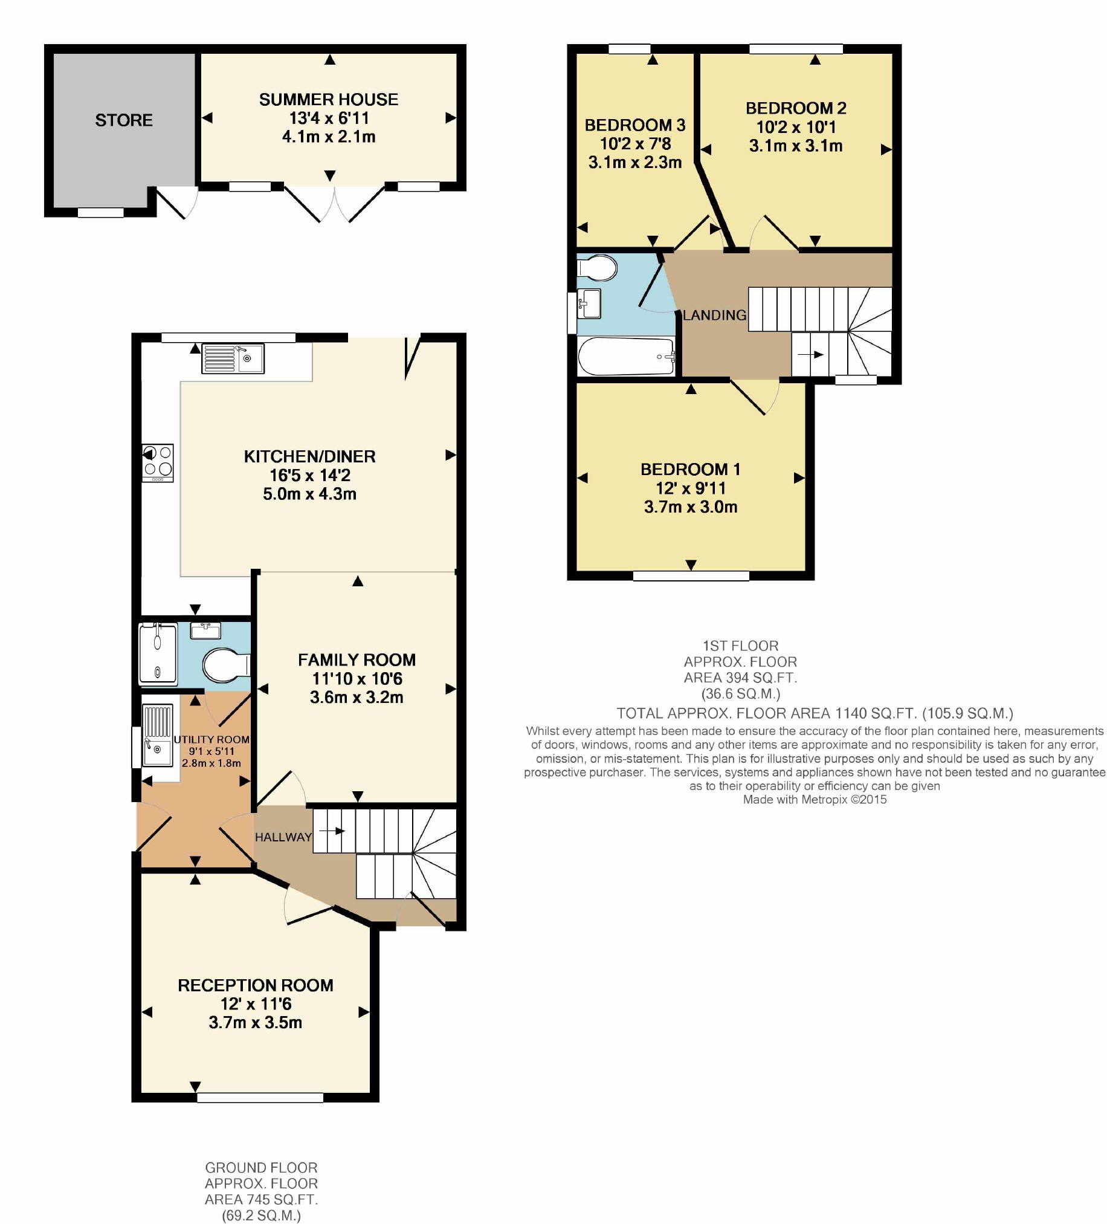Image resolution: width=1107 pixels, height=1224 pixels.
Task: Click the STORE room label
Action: [x=124, y=120]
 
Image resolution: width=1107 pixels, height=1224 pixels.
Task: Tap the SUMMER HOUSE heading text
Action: [x=328, y=100]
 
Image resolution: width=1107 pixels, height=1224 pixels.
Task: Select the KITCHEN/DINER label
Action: [x=309, y=456]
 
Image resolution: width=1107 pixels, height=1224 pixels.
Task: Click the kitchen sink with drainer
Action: [x=233, y=358]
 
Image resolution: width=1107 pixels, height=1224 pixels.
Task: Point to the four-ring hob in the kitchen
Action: [x=158, y=463]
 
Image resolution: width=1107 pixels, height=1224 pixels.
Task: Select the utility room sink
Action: [x=157, y=734]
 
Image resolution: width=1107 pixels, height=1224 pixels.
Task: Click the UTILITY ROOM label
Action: [x=212, y=739]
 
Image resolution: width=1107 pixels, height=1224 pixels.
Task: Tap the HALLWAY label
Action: [x=283, y=837]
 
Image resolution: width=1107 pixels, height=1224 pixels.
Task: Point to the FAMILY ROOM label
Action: [x=357, y=660]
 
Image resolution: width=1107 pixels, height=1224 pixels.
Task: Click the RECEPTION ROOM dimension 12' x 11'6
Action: [x=256, y=1003]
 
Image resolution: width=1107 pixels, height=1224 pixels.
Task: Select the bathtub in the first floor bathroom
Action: [x=627, y=357]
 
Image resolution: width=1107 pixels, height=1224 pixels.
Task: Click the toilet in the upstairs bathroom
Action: [x=597, y=268]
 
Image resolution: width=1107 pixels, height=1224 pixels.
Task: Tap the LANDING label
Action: [x=714, y=315]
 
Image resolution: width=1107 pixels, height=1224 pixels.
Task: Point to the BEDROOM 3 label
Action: [x=635, y=125]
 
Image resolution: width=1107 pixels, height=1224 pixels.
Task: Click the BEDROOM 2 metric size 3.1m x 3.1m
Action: [x=796, y=146]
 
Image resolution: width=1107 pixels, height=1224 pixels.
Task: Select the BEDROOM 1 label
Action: [x=691, y=469]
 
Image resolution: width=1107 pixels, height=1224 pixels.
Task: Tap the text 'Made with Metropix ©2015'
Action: [x=815, y=800]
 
